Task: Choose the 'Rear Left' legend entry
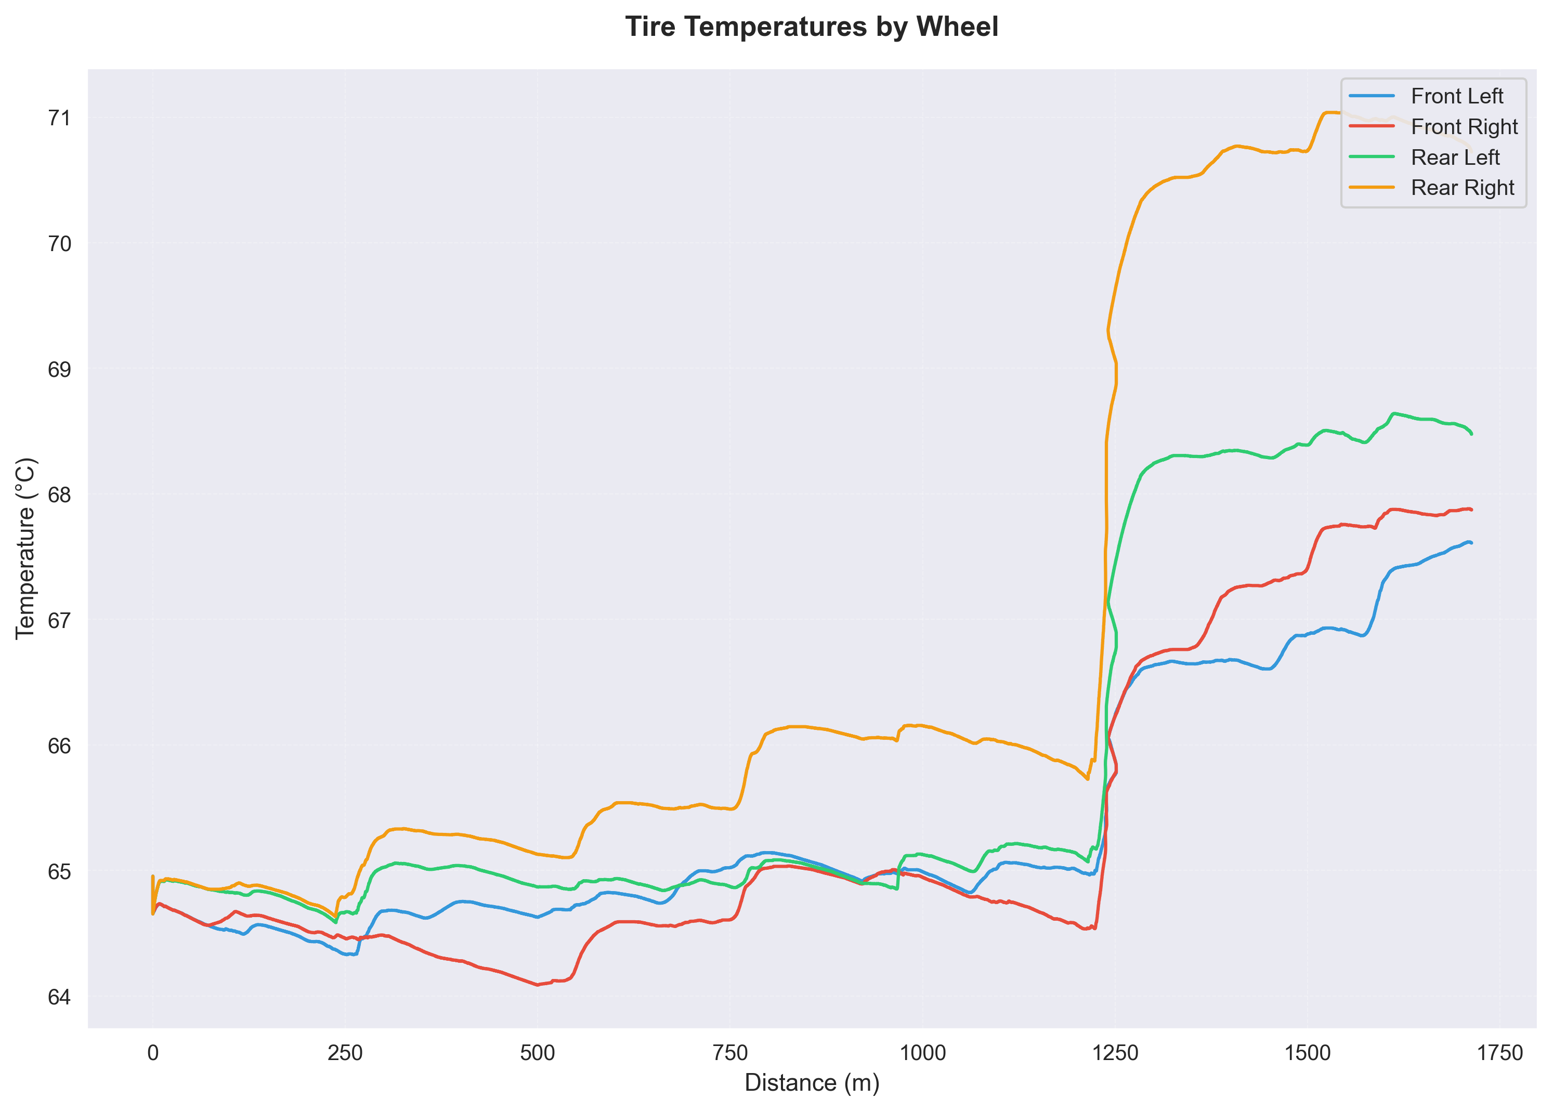point(1455,158)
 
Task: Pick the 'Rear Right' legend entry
point(1463,188)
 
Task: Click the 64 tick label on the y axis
point(59,997)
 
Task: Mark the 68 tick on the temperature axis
point(59,494)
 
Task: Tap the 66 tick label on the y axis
point(59,746)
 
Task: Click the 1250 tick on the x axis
point(1116,1053)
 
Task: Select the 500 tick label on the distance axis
point(538,1053)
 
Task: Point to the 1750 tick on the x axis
point(1500,1053)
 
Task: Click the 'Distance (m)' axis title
point(812,1083)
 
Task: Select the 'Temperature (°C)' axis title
point(25,548)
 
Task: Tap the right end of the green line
point(1471,434)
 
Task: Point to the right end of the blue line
point(1471,542)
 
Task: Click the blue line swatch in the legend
point(1371,97)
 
